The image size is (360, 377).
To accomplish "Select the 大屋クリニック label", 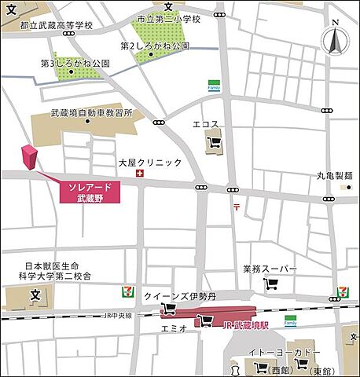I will click(x=150, y=162).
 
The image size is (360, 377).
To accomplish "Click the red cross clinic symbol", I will click(x=140, y=174).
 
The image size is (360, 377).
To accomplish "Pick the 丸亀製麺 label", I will click(x=335, y=176).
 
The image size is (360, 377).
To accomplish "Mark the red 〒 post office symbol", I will click(x=236, y=207).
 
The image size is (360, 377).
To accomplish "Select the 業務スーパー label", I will click(x=270, y=269).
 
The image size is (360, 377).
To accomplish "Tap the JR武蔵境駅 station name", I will click(x=248, y=324).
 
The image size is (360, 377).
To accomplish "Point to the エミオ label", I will click(x=173, y=328).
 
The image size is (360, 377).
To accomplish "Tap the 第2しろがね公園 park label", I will click(x=155, y=47).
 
